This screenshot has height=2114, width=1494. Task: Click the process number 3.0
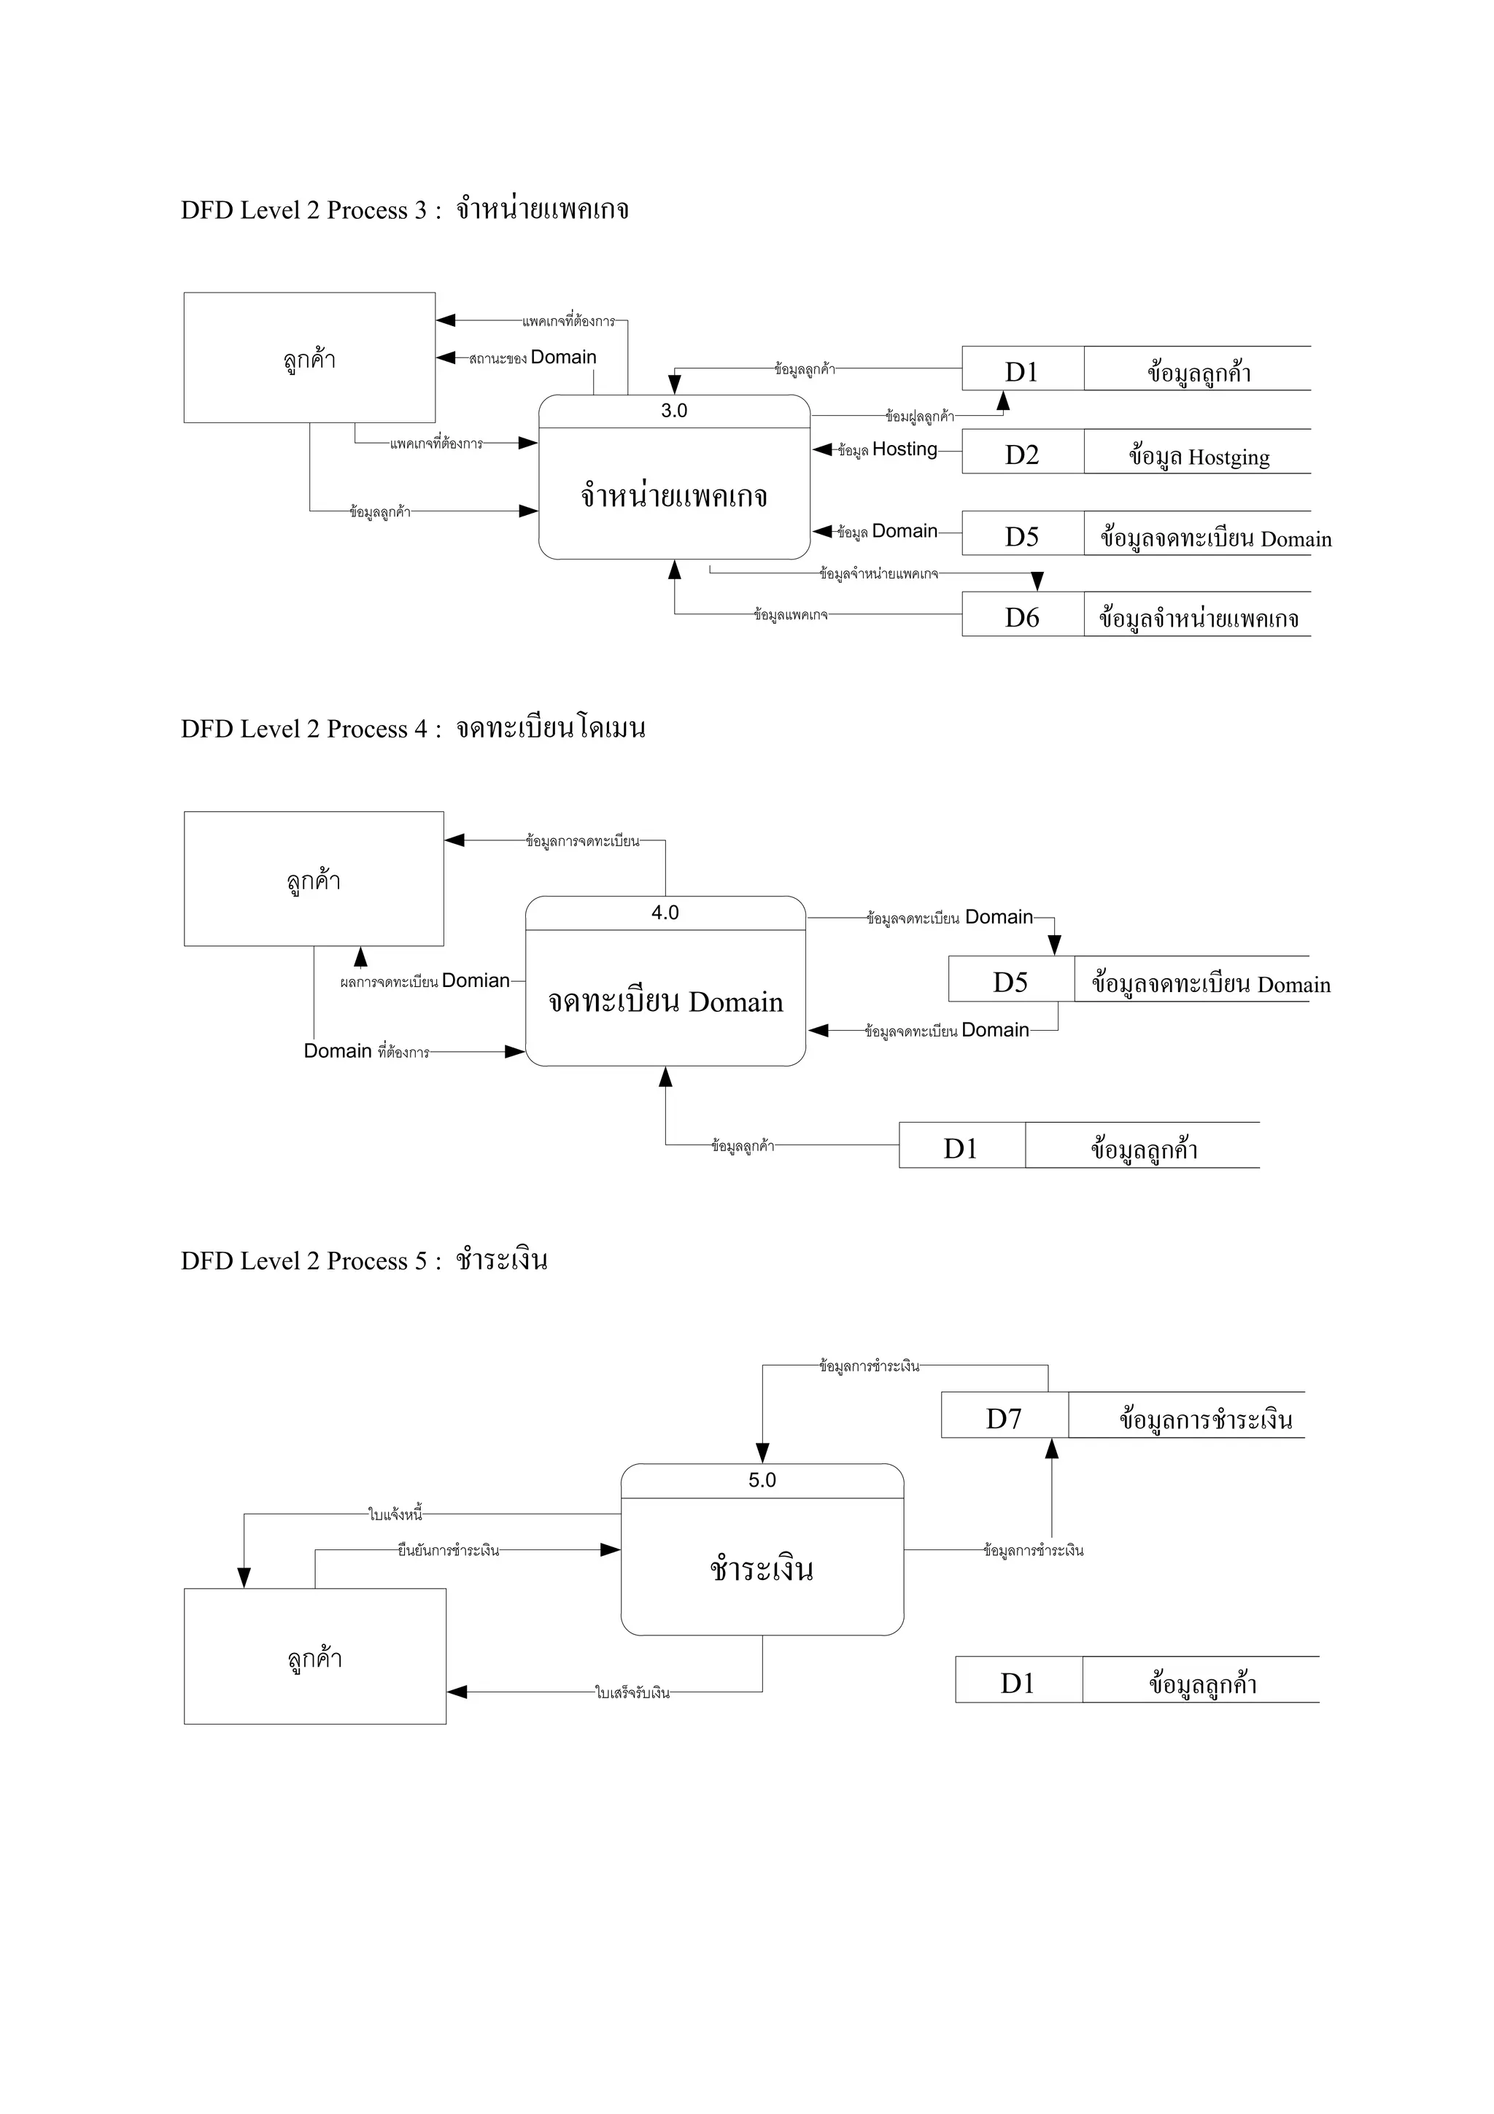tap(674, 411)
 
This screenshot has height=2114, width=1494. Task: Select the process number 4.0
tap(665, 913)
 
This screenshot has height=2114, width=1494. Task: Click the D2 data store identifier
tap(1022, 455)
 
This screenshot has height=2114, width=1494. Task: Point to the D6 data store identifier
tap(1022, 618)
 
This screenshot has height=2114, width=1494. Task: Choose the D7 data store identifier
tap(1003, 1419)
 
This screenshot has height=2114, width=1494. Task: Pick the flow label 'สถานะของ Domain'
tap(532, 357)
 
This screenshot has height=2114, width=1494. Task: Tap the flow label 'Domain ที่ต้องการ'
tap(366, 1051)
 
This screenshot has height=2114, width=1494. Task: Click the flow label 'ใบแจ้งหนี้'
tap(395, 1514)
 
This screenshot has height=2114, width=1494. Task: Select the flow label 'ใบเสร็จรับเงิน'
tap(632, 1692)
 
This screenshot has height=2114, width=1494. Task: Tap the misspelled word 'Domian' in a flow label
tap(476, 980)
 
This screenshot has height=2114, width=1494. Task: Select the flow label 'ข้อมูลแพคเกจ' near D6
tap(791, 614)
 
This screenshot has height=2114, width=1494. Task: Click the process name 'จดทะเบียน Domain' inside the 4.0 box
tap(665, 1002)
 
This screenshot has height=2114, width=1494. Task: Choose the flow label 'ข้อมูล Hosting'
tap(887, 449)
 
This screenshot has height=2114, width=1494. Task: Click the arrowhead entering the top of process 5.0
tap(762, 1452)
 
